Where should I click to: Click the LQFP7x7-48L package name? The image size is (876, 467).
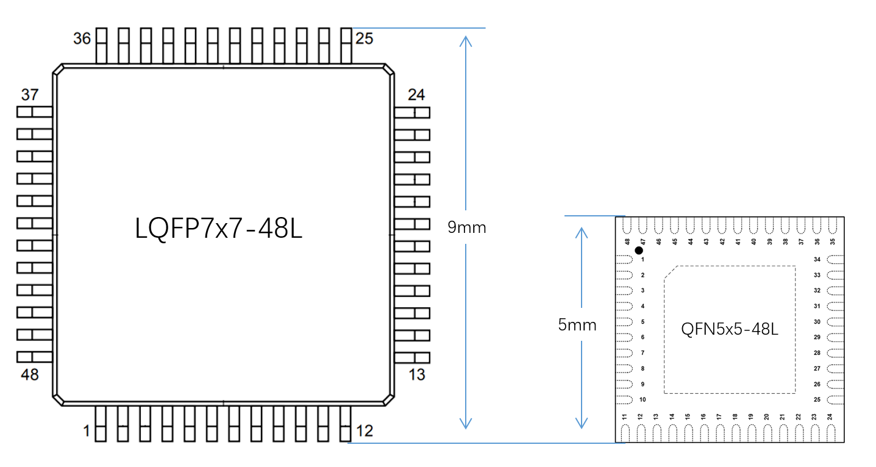pyautogui.click(x=219, y=229)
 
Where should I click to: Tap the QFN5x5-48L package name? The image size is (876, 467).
pyautogui.click(x=729, y=329)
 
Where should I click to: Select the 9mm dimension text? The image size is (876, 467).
pyautogui.click(x=466, y=227)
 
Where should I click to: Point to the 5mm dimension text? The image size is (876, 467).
pyautogui.click(x=577, y=325)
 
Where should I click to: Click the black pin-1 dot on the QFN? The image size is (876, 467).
pyautogui.click(x=639, y=251)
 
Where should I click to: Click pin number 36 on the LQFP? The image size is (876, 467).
pyautogui.click(x=82, y=38)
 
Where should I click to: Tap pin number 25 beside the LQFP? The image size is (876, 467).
pyautogui.click(x=364, y=38)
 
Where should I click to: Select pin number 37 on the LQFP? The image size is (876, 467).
pyautogui.click(x=30, y=94)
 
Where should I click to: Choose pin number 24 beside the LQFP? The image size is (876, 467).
pyautogui.click(x=416, y=94)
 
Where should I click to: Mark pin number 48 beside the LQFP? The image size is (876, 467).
pyautogui.click(x=30, y=375)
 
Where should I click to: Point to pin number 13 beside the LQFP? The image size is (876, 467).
pyautogui.click(x=416, y=375)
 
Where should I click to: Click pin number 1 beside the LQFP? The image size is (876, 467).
pyautogui.click(x=87, y=431)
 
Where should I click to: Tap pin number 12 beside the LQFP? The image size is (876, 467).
pyautogui.click(x=365, y=431)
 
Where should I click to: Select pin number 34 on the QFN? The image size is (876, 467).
pyautogui.click(x=817, y=259)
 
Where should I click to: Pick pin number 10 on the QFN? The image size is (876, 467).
pyautogui.click(x=643, y=400)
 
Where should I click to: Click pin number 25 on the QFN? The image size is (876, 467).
pyautogui.click(x=817, y=400)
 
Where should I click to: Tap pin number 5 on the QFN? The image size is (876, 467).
pyautogui.click(x=643, y=322)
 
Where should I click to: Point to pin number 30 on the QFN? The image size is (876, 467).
pyautogui.click(x=817, y=322)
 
